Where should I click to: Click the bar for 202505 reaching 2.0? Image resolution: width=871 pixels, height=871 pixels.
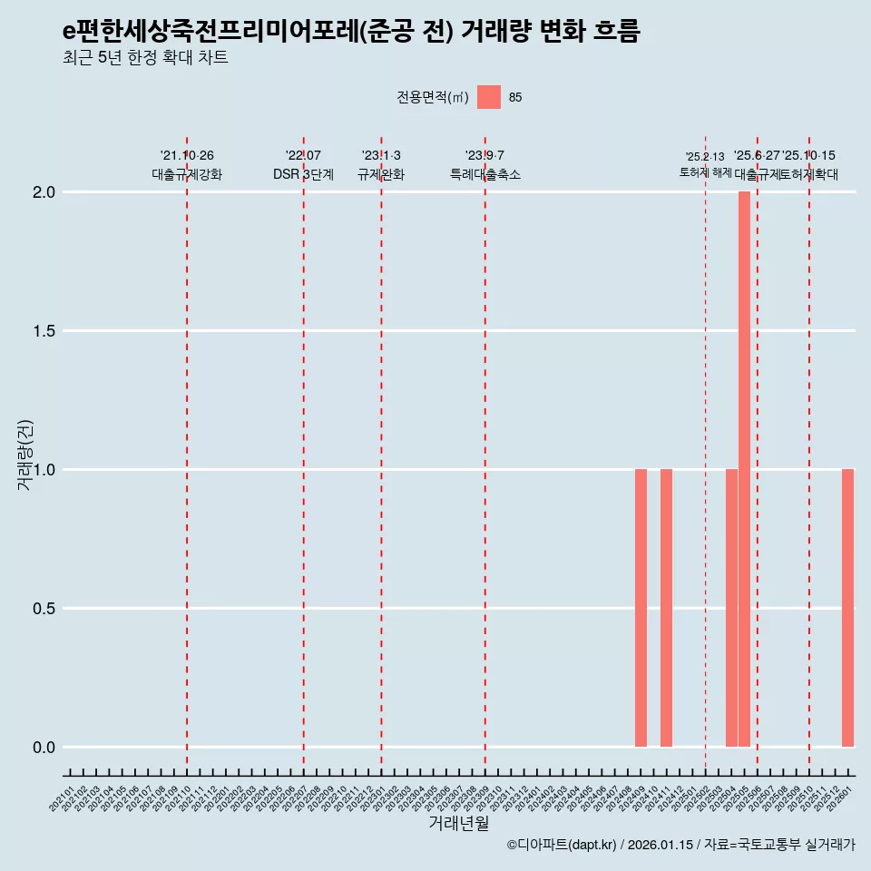point(744,469)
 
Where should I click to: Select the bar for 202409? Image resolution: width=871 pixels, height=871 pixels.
point(641,608)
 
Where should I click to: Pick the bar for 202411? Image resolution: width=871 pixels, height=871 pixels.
point(666,608)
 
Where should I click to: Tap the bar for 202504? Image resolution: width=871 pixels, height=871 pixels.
point(731,608)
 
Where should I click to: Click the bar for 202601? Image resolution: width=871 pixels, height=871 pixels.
point(847,608)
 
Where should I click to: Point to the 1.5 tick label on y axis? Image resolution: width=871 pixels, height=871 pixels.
point(44,331)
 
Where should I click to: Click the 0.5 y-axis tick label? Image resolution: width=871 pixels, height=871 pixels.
point(44,609)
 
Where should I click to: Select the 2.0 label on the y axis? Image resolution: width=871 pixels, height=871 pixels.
point(44,192)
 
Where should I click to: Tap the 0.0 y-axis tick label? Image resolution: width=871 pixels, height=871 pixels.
point(44,748)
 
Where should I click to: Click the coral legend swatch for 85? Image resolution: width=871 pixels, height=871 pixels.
point(489,97)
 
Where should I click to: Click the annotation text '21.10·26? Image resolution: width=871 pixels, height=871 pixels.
point(187,156)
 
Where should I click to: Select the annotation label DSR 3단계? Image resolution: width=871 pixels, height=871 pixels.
point(303,175)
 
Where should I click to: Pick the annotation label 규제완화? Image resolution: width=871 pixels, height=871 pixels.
point(381,175)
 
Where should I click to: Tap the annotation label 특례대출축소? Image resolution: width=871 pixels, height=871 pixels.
point(485,175)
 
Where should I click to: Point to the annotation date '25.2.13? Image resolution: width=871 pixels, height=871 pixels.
point(705,157)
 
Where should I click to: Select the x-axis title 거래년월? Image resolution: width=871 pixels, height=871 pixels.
point(458,824)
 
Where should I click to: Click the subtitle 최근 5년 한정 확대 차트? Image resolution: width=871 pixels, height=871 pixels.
point(145,58)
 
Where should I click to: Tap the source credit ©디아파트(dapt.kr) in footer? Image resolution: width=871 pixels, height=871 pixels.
point(562,846)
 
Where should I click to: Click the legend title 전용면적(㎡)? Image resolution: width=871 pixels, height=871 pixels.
point(432,98)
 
